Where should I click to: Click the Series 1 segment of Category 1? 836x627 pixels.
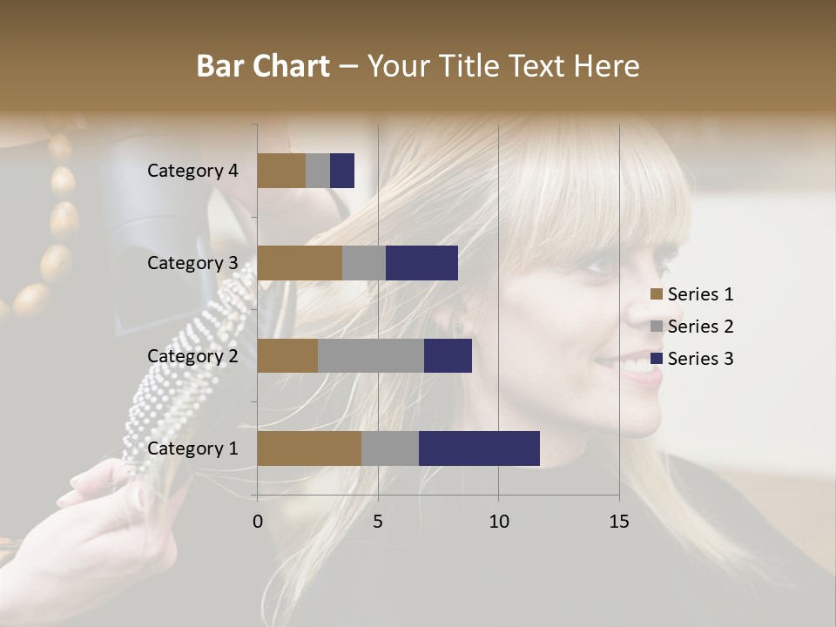point(309,448)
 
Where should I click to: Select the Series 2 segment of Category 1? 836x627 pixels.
point(390,448)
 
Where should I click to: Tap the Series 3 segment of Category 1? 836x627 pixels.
point(479,448)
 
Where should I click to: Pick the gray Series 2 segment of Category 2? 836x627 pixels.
point(371,355)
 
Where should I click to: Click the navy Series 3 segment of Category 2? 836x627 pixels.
point(448,355)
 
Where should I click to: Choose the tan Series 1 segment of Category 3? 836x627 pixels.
point(300,263)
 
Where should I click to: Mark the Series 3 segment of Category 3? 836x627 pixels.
point(421,263)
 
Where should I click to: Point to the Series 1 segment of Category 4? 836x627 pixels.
point(281,171)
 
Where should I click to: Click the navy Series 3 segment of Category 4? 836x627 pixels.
point(342,171)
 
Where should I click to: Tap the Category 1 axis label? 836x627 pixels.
point(192,448)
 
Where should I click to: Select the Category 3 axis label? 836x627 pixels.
point(192,263)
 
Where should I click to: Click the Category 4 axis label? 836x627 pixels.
point(192,171)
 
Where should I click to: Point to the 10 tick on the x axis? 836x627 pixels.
point(498,522)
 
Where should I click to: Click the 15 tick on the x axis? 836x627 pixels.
point(619,522)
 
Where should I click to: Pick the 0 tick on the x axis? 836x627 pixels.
point(258,522)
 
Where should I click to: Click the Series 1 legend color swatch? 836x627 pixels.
point(657,294)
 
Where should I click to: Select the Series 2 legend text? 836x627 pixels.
point(700,327)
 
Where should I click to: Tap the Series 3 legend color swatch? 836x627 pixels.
point(657,359)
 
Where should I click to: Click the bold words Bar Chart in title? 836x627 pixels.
point(262,66)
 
